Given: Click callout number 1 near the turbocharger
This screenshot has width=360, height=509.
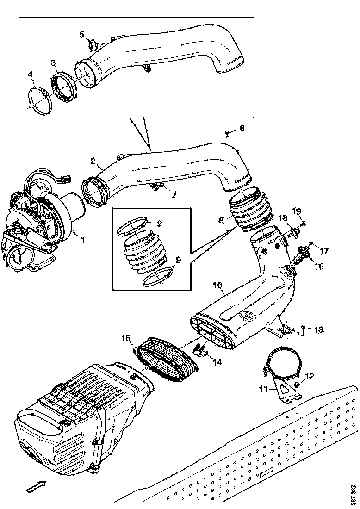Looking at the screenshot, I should (x=83, y=240).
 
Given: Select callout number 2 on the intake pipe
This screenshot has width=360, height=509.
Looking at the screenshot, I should (x=93, y=161).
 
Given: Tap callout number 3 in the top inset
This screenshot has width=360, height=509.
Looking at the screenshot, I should (x=54, y=62).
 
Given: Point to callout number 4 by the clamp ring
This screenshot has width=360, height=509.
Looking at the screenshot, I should (x=31, y=74).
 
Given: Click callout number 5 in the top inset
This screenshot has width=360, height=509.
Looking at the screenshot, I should (x=81, y=34).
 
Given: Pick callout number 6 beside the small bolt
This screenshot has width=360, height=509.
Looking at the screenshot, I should (x=242, y=128).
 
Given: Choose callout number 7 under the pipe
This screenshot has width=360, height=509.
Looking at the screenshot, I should (x=174, y=195).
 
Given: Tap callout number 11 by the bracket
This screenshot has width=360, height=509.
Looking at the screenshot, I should (x=263, y=390).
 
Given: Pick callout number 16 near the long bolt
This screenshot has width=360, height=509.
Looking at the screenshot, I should (x=320, y=267).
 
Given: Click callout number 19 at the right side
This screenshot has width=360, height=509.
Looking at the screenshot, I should (x=297, y=211).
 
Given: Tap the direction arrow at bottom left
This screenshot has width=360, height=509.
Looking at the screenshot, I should (x=35, y=486).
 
